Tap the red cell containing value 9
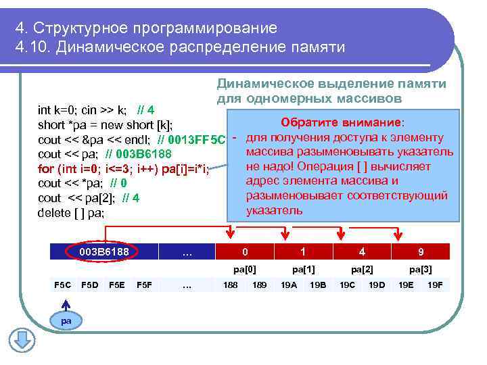point(421,251)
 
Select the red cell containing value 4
point(362,251)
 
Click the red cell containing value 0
point(245,251)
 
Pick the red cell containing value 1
point(303,251)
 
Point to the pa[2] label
point(362,269)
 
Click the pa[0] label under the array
point(245,269)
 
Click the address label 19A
point(289,285)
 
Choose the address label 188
point(230,285)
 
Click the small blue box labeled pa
point(66,320)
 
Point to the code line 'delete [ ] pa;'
point(71,213)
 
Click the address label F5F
point(143,285)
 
